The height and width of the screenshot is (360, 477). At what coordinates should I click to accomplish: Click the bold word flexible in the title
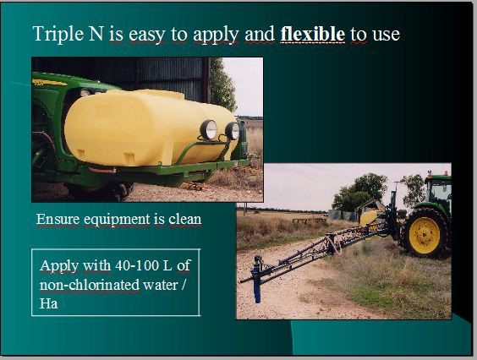click(x=312, y=34)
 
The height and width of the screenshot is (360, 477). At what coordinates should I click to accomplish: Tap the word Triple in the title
click(x=58, y=34)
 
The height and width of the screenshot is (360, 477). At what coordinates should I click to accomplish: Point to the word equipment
click(x=117, y=220)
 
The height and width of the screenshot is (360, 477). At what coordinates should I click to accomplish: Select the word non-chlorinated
click(x=90, y=285)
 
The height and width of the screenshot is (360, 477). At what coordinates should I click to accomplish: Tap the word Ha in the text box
click(x=49, y=303)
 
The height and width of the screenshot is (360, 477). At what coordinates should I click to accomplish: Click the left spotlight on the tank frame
click(x=208, y=130)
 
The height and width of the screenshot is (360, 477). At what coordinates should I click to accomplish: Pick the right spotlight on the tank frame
click(x=233, y=131)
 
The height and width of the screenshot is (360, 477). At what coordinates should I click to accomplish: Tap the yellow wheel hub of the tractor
click(x=425, y=235)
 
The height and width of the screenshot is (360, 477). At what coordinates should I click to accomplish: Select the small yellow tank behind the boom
click(x=369, y=217)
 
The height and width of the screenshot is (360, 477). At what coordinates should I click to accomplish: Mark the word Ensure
click(x=58, y=219)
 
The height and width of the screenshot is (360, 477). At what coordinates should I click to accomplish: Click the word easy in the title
click(x=146, y=35)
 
